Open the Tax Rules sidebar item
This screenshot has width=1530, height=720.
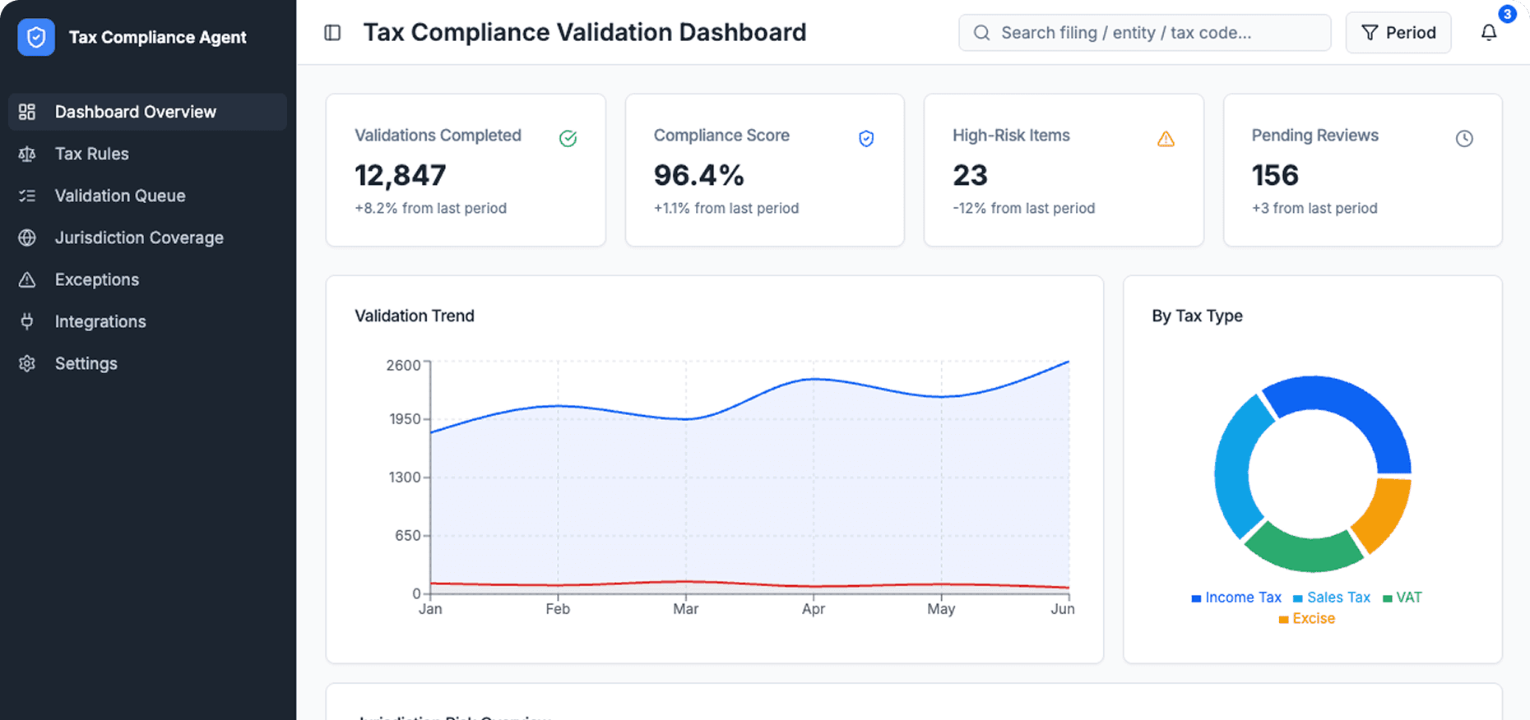91,154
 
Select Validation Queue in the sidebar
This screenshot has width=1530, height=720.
119,196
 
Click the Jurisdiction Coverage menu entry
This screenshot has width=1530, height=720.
138,238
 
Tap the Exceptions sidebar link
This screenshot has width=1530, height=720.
96,279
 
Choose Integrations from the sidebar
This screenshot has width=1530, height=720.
100,321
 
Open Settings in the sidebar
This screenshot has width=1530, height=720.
86,363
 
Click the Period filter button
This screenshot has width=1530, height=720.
1398,33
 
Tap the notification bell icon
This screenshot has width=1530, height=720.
1489,33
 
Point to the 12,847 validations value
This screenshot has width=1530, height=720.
400,175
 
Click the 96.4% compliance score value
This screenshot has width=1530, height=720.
698,175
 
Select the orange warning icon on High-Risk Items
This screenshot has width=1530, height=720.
1166,139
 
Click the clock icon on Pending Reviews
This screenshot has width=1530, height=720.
1464,139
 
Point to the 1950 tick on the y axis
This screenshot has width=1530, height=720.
405,419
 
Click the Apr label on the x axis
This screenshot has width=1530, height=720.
813,609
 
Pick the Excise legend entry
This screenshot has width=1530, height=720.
1307,619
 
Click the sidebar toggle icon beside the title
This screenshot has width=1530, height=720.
332,33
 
